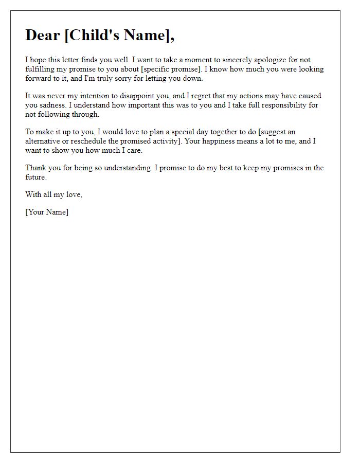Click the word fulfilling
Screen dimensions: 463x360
point(41,69)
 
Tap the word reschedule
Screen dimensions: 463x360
point(85,141)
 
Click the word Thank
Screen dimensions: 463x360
point(36,168)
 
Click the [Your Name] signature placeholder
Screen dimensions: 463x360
point(47,212)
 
